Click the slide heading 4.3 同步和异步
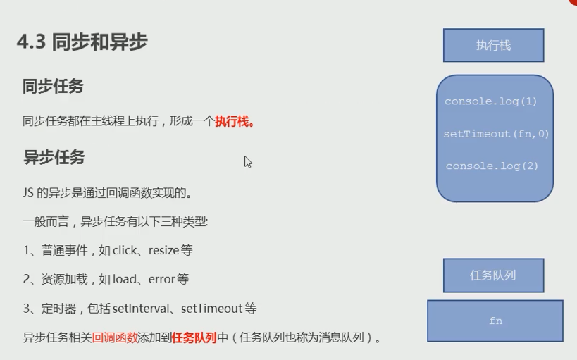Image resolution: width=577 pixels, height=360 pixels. [x=82, y=42]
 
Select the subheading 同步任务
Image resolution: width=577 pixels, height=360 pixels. [x=53, y=87]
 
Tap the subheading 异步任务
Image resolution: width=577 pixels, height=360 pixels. [x=54, y=157]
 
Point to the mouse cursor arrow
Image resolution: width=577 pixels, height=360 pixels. [x=248, y=161]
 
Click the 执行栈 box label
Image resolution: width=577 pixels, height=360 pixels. [x=493, y=45]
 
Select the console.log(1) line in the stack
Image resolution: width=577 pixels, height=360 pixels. [x=491, y=101]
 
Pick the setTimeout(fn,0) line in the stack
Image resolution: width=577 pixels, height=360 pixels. [x=496, y=134]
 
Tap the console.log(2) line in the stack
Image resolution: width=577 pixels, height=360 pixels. [x=492, y=166]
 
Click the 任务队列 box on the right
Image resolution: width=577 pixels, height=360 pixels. [x=493, y=275]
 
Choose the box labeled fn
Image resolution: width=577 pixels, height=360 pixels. [x=495, y=321]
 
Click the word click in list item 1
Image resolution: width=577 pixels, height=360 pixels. [x=125, y=250]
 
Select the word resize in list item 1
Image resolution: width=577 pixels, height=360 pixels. [x=163, y=251]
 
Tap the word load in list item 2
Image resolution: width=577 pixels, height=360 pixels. [x=125, y=279]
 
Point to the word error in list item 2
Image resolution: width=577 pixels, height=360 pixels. [x=161, y=280]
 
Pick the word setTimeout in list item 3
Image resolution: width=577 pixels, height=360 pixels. [x=211, y=308]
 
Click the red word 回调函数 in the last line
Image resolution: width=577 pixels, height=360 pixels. [x=115, y=337]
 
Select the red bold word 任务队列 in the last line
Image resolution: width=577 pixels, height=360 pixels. [x=194, y=337]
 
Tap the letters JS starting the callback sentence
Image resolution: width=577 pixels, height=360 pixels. [x=28, y=192]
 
